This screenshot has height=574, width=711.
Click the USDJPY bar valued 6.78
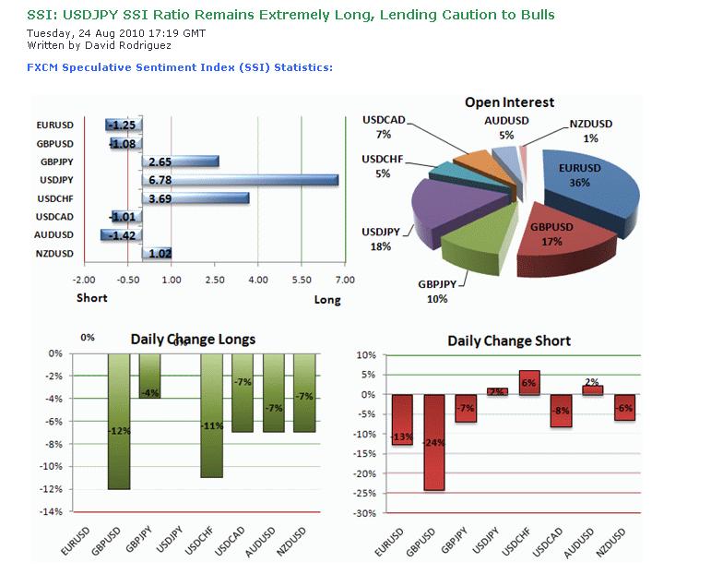240,179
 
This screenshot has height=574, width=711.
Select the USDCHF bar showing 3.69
196,197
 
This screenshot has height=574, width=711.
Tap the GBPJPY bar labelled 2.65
181,161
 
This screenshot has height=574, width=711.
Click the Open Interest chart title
509,102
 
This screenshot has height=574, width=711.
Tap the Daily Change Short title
509,341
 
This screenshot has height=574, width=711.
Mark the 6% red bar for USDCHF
529,382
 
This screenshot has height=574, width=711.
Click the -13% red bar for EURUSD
402,420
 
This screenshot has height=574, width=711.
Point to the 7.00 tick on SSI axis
343,279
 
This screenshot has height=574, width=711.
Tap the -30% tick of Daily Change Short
366,513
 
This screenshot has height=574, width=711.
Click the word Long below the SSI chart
327,299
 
